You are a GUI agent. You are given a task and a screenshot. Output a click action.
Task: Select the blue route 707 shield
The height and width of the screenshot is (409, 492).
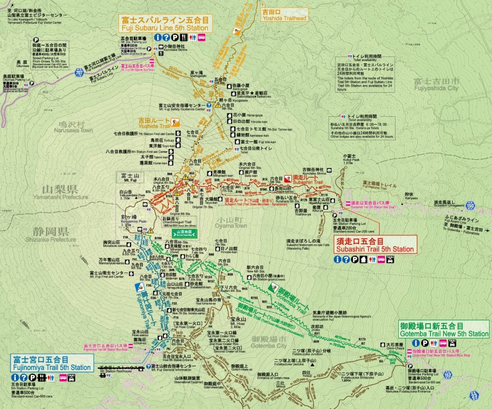coord(79,73)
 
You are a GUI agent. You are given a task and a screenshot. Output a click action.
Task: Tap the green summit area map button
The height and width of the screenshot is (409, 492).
coord(184,232)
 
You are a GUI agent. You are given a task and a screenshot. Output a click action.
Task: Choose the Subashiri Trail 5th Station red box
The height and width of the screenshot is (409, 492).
coord(375,245)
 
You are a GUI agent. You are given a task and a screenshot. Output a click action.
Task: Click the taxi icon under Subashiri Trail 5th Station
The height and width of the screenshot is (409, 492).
coord(390,259)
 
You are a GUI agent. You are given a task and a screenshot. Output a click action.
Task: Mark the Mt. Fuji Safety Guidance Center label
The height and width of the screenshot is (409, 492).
coord(182,107)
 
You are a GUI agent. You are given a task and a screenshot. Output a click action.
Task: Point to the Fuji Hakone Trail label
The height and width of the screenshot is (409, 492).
coord(380,184)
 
